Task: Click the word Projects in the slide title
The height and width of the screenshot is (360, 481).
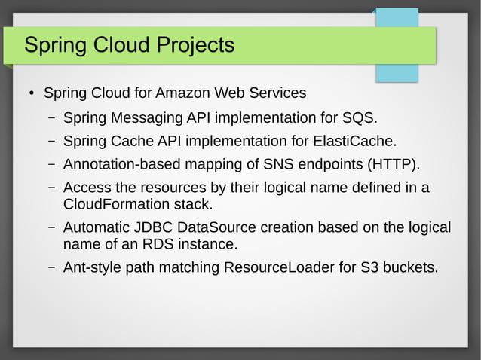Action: point(195,46)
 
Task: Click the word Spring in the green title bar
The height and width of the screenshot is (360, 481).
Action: point(52,46)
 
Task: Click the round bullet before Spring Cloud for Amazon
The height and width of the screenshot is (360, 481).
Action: point(31,94)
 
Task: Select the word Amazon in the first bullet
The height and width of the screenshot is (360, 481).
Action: point(185,93)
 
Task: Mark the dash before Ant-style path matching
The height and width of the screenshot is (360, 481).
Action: point(51,267)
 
